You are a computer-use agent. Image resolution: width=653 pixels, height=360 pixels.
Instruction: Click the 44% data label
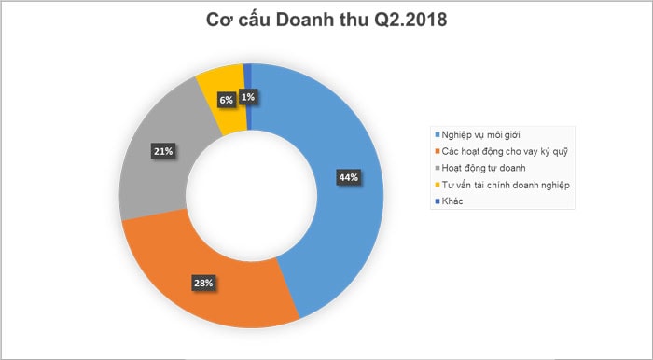tap(349, 177)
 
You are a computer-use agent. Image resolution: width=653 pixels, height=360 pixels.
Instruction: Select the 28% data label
tap(204, 282)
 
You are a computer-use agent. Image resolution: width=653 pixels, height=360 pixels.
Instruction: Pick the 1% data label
tap(249, 96)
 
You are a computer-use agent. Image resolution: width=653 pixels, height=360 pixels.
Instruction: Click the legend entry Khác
tap(452, 201)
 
